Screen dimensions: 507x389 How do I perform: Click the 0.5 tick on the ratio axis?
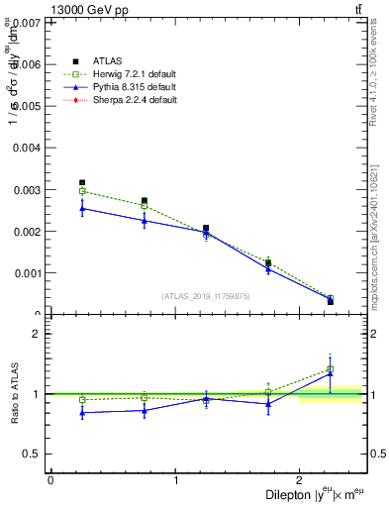pyautogui.click(x=33, y=454)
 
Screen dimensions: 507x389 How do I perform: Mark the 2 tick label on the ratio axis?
pyautogui.click(x=39, y=334)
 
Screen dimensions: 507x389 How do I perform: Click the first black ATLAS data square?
pyautogui.click(x=82, y=183)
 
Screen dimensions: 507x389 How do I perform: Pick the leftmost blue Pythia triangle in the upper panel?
pyautogui.click(x=82, y=208)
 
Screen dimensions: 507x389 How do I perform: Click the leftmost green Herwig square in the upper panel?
pyautogui.click(x=82, y=191)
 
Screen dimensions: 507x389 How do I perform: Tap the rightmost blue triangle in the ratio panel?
pyautogui.click(x=331, y=373)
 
